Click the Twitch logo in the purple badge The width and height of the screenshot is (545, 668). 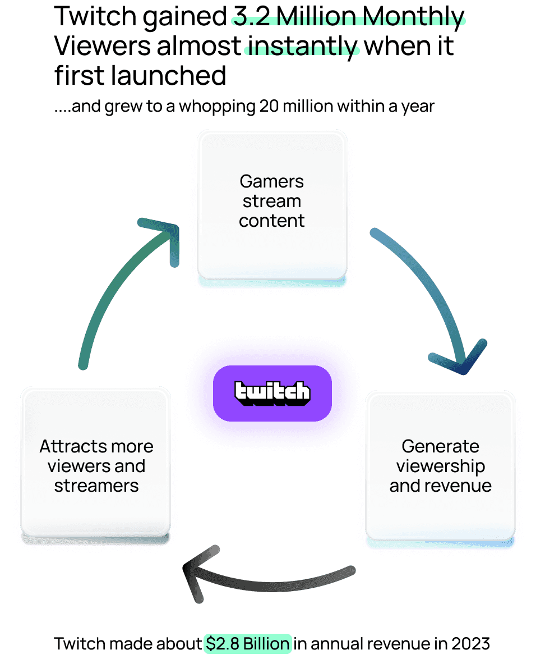(x=272, y=393)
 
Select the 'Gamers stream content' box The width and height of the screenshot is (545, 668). (x=272, y=205)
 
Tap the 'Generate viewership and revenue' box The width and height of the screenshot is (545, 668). (x=440, y=466)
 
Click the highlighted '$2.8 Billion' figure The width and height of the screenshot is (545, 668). (x=248, y=643)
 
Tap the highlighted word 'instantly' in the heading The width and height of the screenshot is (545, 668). (x=303, y=46)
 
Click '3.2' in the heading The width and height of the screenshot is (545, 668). (x=252, y=16)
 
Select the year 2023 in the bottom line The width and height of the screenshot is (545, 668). (x=471, y=643)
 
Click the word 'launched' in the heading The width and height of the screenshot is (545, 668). (x=169, y=75)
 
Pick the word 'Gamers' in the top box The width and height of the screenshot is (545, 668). (x=272, y=181)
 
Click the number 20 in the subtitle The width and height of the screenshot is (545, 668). (x=269, y=106)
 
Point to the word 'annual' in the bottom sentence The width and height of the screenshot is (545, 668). (x=336, y=643)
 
